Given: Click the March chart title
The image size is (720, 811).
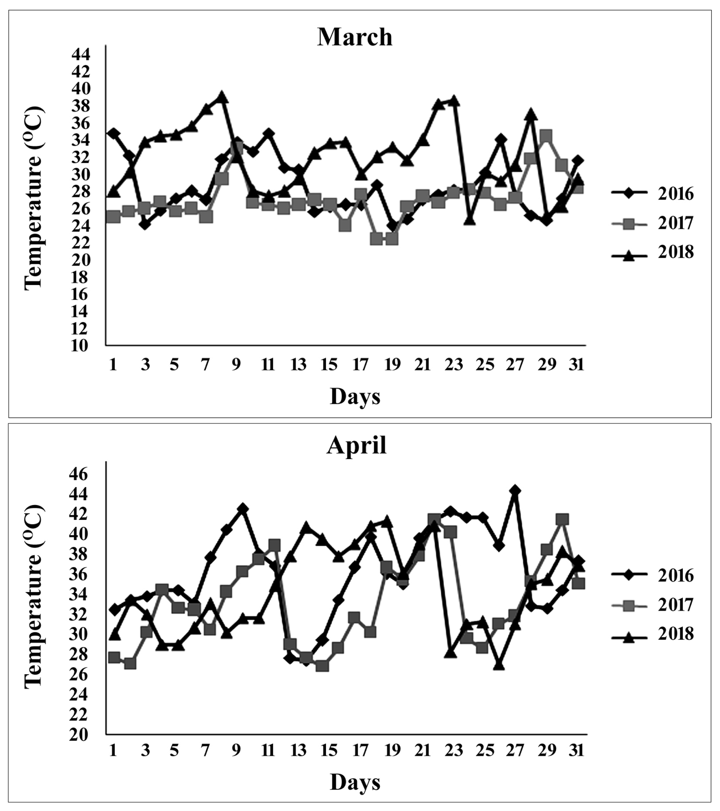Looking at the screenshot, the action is pos(355,37).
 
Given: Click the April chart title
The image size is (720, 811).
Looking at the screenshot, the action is pos(356,446).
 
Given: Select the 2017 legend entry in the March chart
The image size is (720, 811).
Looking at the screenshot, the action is pos(653,224).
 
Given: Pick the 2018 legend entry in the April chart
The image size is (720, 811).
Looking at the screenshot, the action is pos(653,634).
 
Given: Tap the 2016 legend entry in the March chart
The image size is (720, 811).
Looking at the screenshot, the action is pos(653,194).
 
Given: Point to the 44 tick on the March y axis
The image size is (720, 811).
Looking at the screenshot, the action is pos(81,54).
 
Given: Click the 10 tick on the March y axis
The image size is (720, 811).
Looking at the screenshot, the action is pos(81,345).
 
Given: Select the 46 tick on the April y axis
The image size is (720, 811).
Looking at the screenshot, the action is pos(81,473).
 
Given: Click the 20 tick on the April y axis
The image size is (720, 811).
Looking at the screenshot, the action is pos(81,735).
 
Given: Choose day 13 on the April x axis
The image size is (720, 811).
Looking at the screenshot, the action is pos(299,751).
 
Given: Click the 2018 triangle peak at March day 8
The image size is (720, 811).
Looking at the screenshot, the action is pos(222,96).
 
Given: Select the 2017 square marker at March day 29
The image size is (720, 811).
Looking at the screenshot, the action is pos(546,136).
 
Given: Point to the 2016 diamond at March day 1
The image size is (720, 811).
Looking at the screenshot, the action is pos(113,133).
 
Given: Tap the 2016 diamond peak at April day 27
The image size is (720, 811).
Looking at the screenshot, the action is pos(515,491).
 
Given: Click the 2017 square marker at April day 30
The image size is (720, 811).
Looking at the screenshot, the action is pos(562,519).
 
